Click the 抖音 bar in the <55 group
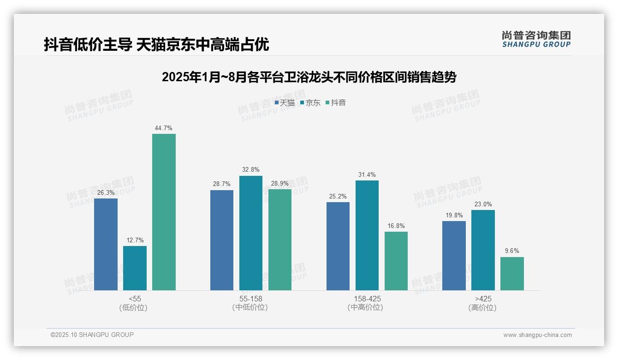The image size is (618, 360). coord(164,212)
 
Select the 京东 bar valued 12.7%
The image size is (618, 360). coord(135,268)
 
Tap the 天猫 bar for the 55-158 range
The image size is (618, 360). coord(222,240)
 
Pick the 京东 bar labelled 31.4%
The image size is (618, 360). coord(367,235)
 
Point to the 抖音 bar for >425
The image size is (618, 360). coord(512,274)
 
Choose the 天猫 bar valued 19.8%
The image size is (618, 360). coord(454,256)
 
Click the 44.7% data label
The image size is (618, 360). coord(164,128)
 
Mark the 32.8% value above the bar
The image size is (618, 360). coord(251,170)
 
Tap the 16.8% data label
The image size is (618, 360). coord(396,226)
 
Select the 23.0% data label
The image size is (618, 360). coord(483,204)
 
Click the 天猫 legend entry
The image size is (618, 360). coord(285,103)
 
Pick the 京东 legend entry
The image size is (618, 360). coord(310,103)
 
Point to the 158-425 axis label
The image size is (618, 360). coord(367,299)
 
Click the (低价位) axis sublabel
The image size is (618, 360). coord(133,307)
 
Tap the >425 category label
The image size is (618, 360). coord(482,299)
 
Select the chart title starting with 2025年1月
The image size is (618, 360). coord(309,77)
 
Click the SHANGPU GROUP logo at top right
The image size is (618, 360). coord(536,39)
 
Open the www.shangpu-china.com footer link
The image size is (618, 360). coord(537,335)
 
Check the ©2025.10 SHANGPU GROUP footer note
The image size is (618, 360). coord(92,335)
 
